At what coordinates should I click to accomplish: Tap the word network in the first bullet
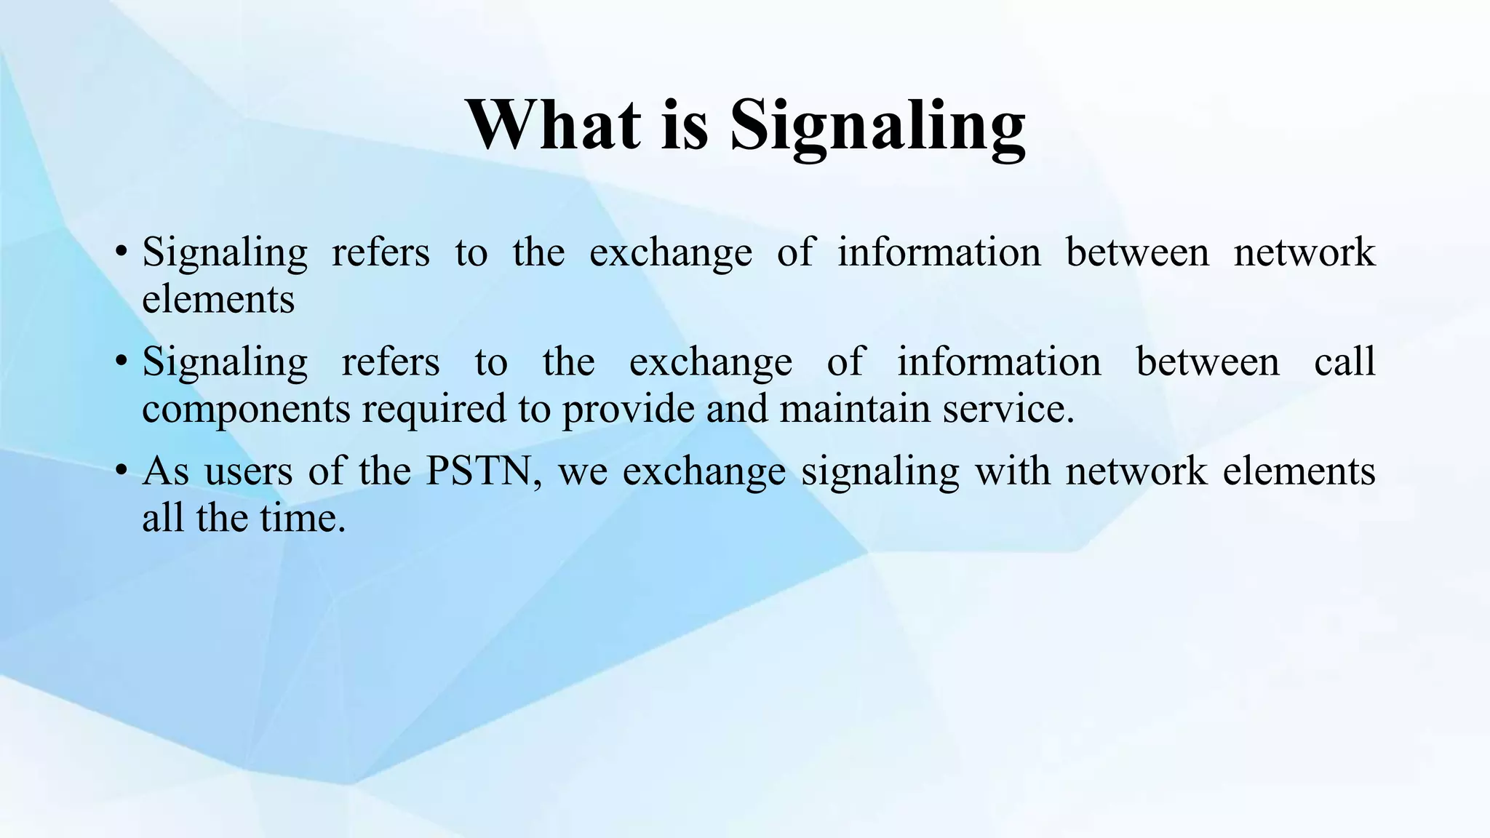coord(1304,252)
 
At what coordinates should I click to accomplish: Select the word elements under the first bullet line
coord(218,299)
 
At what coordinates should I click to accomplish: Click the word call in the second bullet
coord(1344,362)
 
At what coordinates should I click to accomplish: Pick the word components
coord(247,409)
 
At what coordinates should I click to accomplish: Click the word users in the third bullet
coord(247,471)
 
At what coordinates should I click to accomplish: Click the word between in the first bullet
coord(1137,252)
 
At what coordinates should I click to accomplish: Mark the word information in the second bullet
coord(999,362)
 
